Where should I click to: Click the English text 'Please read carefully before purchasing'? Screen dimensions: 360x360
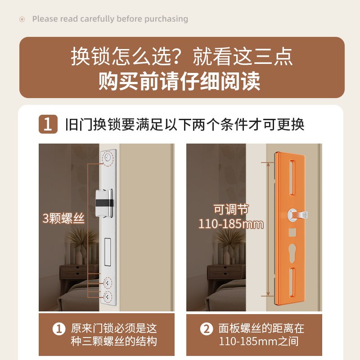click(110, 19)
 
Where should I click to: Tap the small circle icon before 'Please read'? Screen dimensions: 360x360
click(22, 19)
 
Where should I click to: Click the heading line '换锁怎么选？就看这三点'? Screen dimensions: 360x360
click(181, 58)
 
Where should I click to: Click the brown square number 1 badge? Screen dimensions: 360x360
click(48, 124)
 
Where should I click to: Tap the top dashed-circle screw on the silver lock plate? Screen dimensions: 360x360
click(108, 158)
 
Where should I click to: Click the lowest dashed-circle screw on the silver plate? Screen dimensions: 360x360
click(108, 297)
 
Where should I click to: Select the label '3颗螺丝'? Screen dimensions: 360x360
click(63, 219)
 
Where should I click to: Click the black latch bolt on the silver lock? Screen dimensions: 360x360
click(104, 201)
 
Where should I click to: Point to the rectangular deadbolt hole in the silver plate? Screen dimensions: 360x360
click(108, 252)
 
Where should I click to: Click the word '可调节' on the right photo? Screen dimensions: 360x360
click(231, 209)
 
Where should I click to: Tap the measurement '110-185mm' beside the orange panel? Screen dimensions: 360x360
click(231, 224)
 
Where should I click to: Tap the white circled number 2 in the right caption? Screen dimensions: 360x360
click(206, 329)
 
